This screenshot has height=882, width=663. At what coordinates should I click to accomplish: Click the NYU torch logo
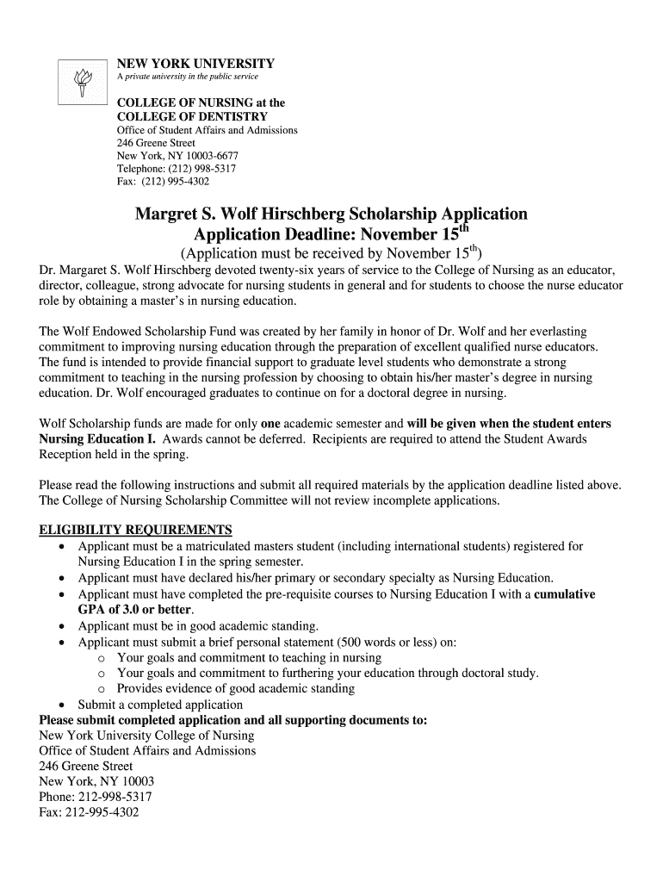pyautogui.click(x=84, y=83)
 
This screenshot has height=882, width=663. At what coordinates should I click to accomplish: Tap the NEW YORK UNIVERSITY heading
pyautogui.click(x=195, y=64)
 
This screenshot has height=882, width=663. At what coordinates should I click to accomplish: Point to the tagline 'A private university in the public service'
pyautogui.click(x=187, y=78)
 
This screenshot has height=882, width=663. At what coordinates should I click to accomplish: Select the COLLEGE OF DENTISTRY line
pyautogui.click(x=192, y=116)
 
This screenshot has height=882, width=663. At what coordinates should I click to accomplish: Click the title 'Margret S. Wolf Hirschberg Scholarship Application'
pyautogui.click(x=331, y=214)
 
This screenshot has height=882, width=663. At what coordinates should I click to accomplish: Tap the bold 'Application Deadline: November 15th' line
pyautogui.click(x=331, y=235)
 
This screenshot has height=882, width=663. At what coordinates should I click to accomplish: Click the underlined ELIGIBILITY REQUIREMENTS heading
pyautogui.click(x=136, y=529)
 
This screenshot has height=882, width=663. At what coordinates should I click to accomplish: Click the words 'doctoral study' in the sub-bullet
pyautogui.click(x=499, y=673)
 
